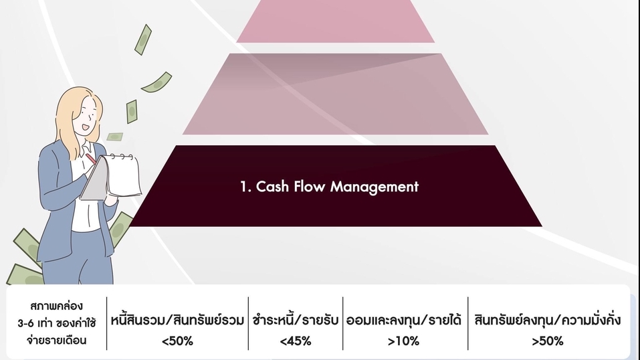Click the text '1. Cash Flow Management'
(329, 187)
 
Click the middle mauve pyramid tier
(336, 94)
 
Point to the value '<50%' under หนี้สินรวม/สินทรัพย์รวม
(177, 341)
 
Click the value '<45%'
(295, 341)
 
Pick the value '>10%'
(403, 341)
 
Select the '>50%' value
(547, 341)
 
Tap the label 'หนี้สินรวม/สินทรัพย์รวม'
(177, 319)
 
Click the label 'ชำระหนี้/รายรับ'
(295, 319)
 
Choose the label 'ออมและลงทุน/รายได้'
(404, 319)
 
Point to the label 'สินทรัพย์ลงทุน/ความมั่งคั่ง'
(548, 319)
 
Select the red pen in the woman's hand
(90, 159)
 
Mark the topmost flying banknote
(142, 39)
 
